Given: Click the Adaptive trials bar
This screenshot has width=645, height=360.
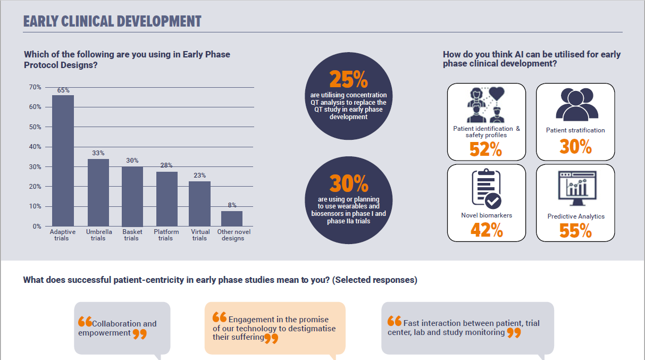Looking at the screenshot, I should pyautogui.click(x=63, y=161).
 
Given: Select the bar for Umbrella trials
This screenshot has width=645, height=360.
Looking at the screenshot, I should pyautogui.click(x=98, y=192).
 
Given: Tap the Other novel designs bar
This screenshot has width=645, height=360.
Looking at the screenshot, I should pyautogui.click(x=232, y=219).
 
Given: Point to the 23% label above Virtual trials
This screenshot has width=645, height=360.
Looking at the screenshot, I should pyautogui.click(x=199, y=175).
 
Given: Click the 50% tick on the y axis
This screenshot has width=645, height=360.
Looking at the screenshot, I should pyautogui.click(x=35, y=127).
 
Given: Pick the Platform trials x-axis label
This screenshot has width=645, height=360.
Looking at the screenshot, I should pyautogui.click(x=165, y=235).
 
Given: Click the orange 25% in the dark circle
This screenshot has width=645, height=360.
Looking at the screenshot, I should pyautogui.click(x=348, y=80).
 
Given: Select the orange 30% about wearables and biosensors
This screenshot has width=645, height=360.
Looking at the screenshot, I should pyautogui.click(x=348, y=184).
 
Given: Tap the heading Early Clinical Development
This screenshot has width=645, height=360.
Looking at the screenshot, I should pyautogui.click(x=112, y=21).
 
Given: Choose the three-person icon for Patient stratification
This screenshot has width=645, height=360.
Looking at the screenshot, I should pyautogui.click(x=576, y=105).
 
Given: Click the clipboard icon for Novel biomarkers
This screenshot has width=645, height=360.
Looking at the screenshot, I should pyautogui.click(x=486, y=189).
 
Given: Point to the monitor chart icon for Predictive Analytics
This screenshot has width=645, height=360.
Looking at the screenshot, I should pyautogui.click(x=576, y=189).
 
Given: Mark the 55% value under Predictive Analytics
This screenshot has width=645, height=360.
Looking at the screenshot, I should pyautogui.click(x=575, y=230).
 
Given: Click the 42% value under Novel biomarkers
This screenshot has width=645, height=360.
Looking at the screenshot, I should pyautogui.click(x=487, y=230).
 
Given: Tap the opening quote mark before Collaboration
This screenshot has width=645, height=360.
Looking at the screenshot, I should pyautogui.click(x=85, y=322).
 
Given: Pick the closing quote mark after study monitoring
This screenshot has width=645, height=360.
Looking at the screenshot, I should pyautogui.click(x=513, y=333).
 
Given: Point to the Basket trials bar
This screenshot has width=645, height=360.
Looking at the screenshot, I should pyautogui.click(x=132, y=196).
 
